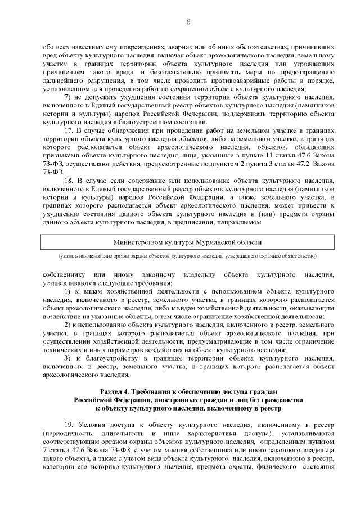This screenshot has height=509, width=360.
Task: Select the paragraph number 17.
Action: pos(69,130)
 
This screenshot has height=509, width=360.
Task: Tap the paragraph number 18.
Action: pos(69,181)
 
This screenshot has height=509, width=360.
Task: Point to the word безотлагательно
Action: pos(168,73)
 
